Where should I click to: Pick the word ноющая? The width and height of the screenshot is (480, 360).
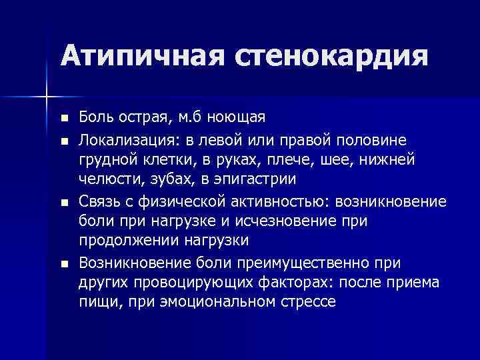click(236, 119)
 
